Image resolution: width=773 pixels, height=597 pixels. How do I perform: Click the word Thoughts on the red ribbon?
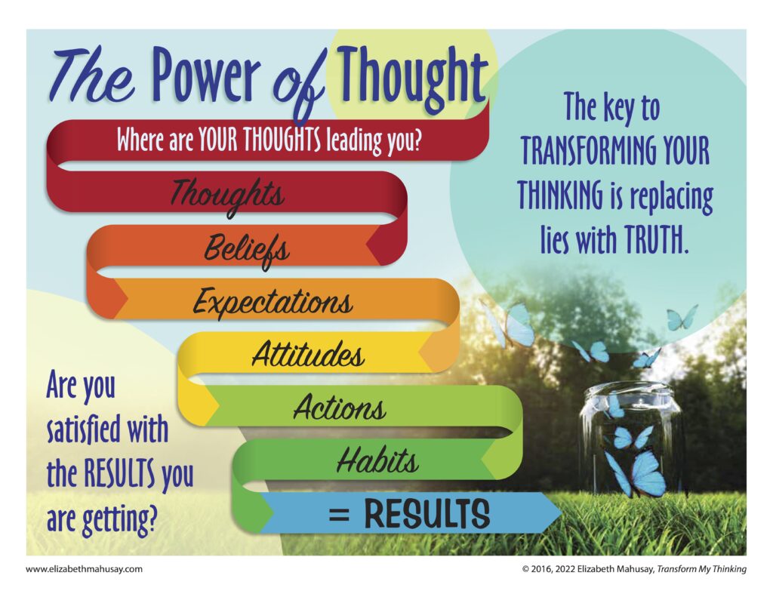point(228,195)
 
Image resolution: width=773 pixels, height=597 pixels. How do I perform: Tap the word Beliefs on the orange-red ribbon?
point(247,250)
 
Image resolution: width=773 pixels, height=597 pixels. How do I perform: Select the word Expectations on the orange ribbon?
point(273,302)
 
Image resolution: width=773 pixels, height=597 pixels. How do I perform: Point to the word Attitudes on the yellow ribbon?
point(308,353)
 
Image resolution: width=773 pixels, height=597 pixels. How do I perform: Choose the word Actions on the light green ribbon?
point(339,408)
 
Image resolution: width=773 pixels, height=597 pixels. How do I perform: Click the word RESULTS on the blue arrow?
point(427,514)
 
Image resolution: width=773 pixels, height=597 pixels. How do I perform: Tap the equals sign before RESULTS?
point(339,515)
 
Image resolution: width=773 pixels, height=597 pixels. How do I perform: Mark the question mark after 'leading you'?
point(417,140)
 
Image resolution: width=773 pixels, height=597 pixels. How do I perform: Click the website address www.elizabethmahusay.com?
point(84,569)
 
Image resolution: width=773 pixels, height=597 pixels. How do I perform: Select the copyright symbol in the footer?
point(525,569)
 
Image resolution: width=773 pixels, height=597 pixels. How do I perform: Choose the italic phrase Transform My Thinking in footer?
point(701,569)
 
